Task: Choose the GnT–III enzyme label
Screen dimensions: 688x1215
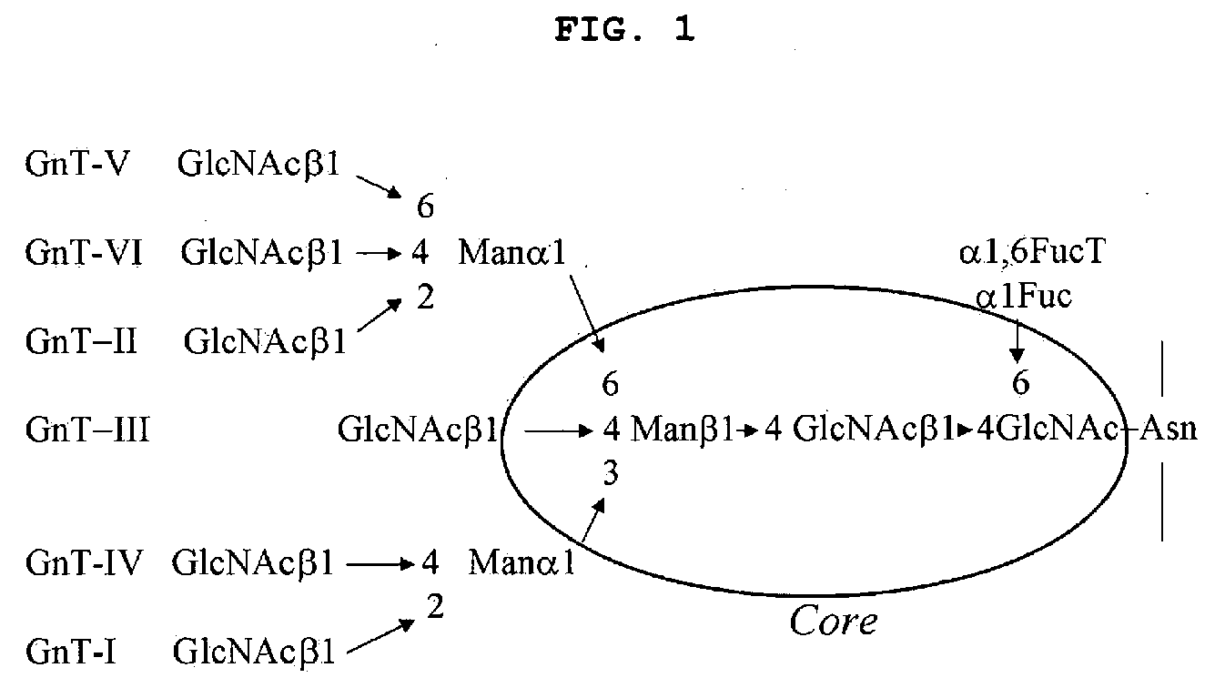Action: pyautogui.click(x=87, y=429)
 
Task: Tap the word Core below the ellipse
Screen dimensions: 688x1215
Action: pyautogui.click(x=833, y=622)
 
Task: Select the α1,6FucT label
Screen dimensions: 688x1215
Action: pyautogui.click(x=1031, y=253)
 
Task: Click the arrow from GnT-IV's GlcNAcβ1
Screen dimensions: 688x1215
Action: pyautogui.click(x=382, y=564)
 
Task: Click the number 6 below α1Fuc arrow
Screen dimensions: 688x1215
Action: pyautogui.click(x=1020, y=384)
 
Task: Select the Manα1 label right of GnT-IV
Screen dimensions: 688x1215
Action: pyautogui.click(x=521, y=564)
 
